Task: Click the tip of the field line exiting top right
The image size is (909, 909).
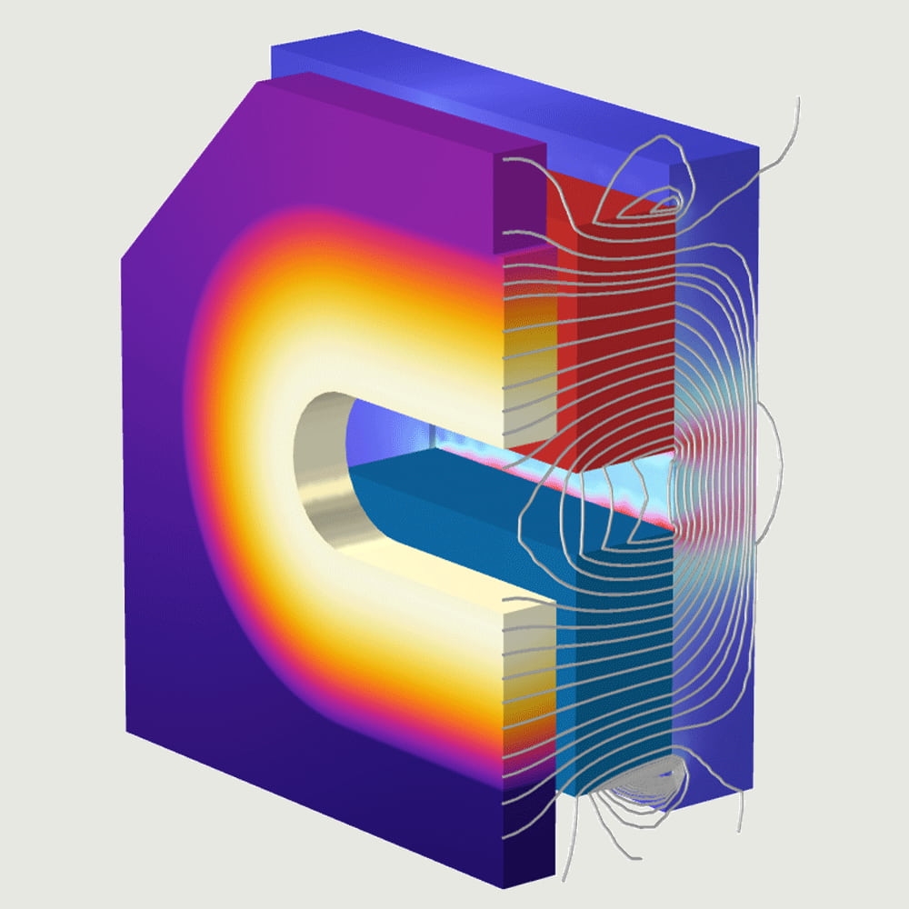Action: tap(797, 98)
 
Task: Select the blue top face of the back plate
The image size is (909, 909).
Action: tap(509, 91)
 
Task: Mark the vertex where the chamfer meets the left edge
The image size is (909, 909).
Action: tap(122, 257)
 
